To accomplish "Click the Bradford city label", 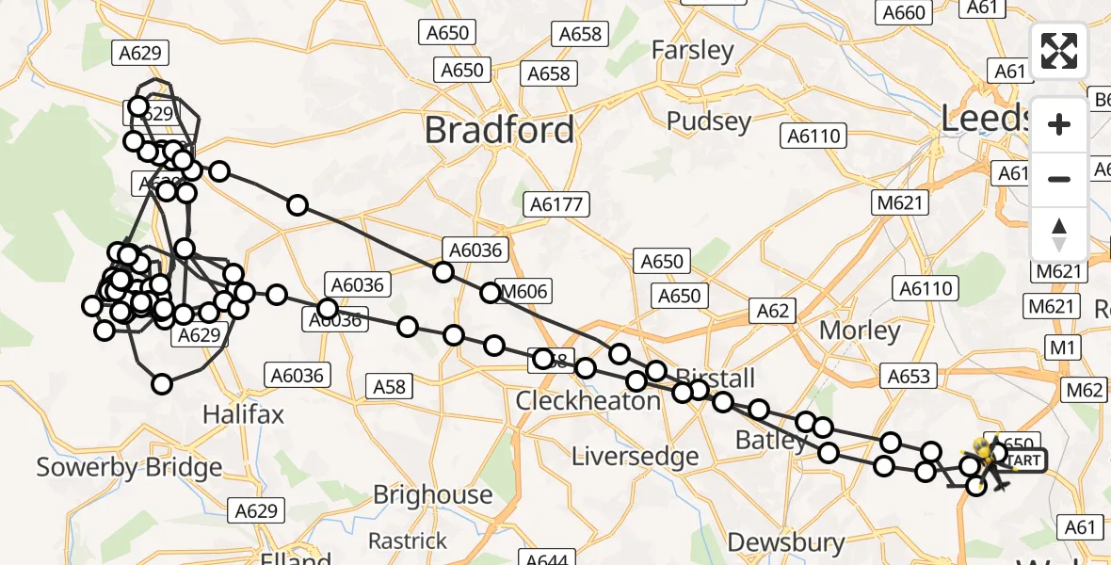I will click(x=499, y=130).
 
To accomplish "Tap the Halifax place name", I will click(x=244, y=414).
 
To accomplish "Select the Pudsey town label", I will click(x=709, y=121).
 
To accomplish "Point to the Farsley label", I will click(x=692, y=50).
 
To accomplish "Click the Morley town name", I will click(x=860, y=331).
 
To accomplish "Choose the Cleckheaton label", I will click(x=588, y=401).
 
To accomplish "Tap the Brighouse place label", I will click(x=432, y=494).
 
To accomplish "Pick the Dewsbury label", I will click(x=786, y=542).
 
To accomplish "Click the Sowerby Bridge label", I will click(x=129, y=467).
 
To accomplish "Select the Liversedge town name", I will click(x=636, y=457).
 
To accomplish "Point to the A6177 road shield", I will click(x=557, y=204).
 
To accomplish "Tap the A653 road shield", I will click(x=909, y=377).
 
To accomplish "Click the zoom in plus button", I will click(x=1059, y=124).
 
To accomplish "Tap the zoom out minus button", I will click(x=1059, y=179).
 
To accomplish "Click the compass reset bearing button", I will click(x=1059, y=234).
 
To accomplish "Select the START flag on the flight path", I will click(x=1023, y=460).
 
